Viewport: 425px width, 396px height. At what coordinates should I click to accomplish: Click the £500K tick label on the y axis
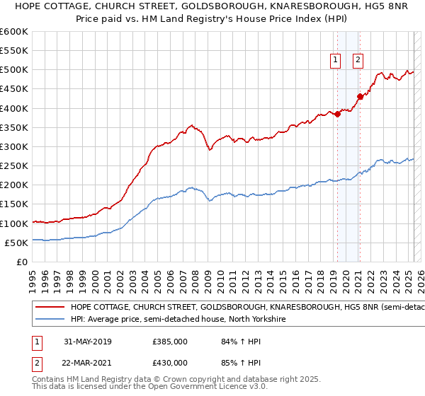tap(13, 70)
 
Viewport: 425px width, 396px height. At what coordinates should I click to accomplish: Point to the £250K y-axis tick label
tap(13, 166)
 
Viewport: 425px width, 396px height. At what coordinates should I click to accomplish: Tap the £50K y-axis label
tap(16, 243)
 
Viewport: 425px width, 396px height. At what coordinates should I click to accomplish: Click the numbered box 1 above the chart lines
tap(334, 60)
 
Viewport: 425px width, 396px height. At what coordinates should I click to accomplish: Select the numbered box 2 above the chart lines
tap(358, 60)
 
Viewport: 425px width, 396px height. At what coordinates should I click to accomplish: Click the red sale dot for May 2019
tap(338, 115)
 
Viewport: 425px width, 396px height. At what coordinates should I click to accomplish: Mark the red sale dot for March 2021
tap(361, 97)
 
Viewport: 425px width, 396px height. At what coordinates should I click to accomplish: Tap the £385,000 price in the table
tap(169, 342)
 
